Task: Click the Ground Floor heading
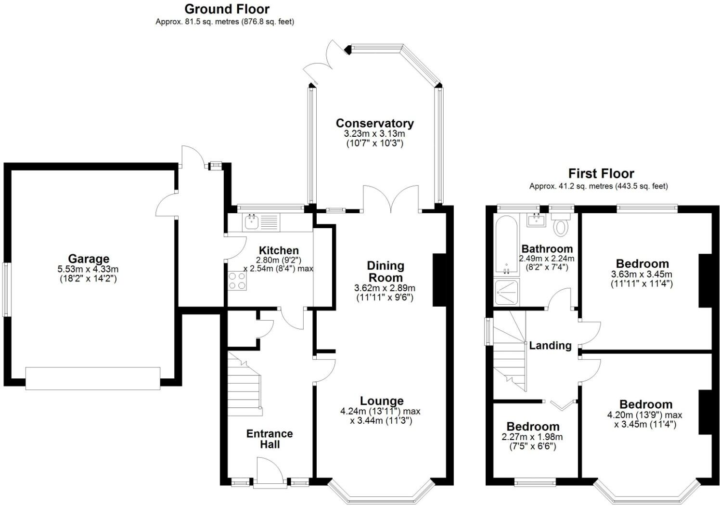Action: tap(227, 9)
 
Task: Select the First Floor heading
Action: tap(601, 173)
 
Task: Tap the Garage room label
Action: tap(89, 259)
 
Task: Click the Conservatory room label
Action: tap(374, 123)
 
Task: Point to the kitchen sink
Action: tap(251, 222)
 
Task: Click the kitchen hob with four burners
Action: tap(237, 281)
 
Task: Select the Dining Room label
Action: tap(385, 272)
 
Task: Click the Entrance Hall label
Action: tap(270, 439)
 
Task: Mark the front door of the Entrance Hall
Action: tap(270, 472)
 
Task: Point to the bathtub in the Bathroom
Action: tap(506, 246)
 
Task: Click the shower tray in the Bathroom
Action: tap(507, 292)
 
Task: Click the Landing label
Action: tap(550, 345)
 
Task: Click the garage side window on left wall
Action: tap(6, 289)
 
